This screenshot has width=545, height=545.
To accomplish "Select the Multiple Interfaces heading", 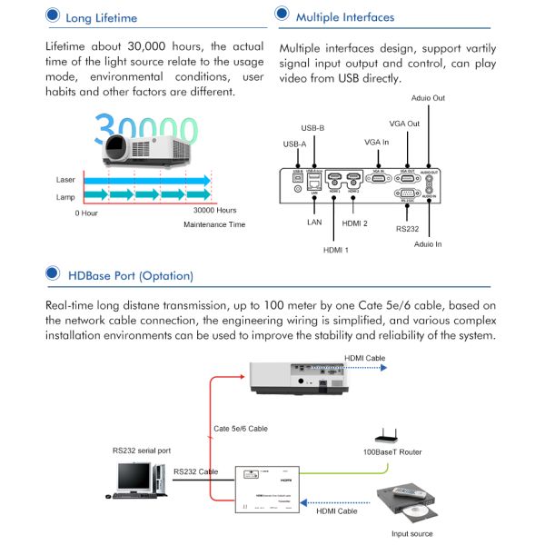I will click(344, 16).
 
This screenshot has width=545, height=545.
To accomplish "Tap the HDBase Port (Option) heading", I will click(130, 274).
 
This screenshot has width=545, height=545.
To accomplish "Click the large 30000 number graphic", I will click(145, 129).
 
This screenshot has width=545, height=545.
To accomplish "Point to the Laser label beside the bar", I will click(65, 180).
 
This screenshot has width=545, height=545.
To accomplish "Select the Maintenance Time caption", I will click(215, 223).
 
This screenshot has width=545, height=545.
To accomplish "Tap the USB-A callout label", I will click(296, 144).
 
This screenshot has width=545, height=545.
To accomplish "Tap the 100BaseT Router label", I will click(391, 451).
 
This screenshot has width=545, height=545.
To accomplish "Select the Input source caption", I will click(411, 533).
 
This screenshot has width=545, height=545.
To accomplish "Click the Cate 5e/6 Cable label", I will click(241, 428).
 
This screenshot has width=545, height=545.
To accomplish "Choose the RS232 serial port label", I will click(141, 450).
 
